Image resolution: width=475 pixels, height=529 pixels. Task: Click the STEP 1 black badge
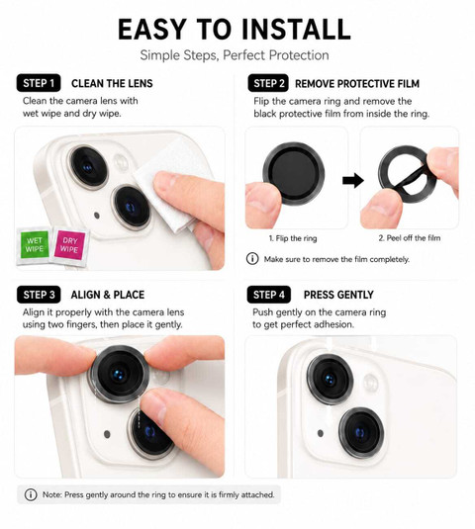[39, 83]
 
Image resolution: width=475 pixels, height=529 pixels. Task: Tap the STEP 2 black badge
[268, 83]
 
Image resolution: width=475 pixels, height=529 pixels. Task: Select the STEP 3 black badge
[39, 295]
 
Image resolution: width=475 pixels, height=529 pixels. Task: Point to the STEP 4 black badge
[269, 295]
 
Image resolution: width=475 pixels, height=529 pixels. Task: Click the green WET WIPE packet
[34, 244]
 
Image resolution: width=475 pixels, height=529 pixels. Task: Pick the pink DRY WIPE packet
[70, 245]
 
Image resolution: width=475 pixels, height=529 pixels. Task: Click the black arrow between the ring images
[353, 181]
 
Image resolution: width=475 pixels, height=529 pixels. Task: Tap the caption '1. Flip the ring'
[293, 238]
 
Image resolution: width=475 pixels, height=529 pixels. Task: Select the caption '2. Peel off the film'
[410, 238]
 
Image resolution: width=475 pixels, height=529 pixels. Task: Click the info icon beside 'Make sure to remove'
[252, 259]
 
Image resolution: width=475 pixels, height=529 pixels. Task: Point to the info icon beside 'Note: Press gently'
[31, 495]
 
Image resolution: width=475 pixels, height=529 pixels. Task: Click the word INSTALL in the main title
[297, 30]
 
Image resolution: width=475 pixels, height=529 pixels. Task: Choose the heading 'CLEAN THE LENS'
[112, 83]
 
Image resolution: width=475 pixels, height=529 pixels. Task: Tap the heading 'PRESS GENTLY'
[338, 295]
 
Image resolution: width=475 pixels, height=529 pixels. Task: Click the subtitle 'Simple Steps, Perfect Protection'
[235, 55]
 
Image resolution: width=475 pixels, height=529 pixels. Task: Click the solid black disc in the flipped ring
[293, 174]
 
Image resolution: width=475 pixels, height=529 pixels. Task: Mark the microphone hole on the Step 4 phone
[321, 433]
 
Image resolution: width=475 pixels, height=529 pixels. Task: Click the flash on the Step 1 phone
[121, 162]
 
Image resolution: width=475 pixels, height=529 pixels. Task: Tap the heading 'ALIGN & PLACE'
[108, 295]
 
